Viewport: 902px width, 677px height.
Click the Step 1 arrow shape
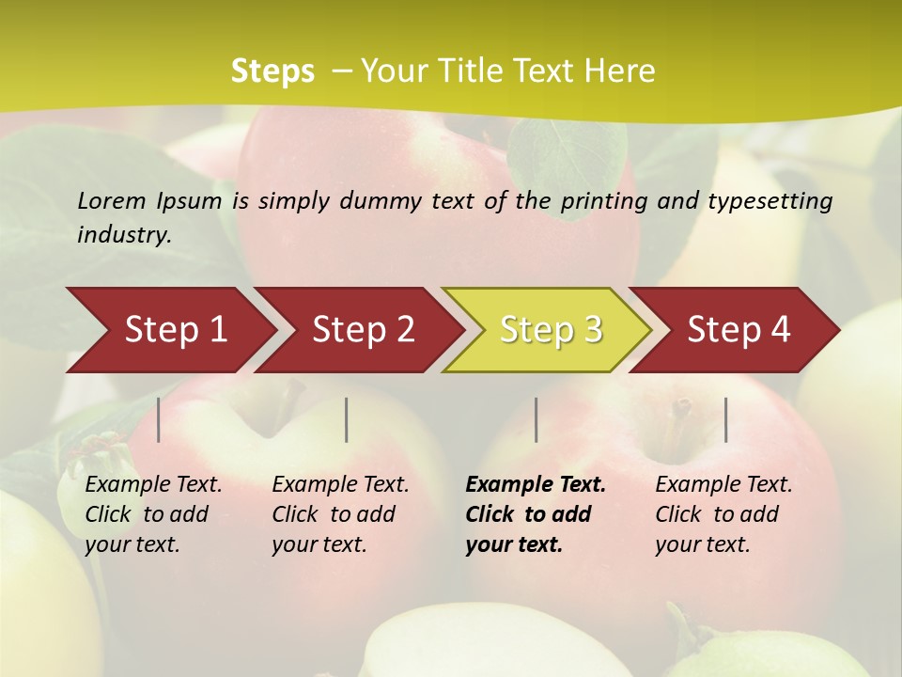[x=175, y=330]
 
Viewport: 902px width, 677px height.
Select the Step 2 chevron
[x=363, y=330]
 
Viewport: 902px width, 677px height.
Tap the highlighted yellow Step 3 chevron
[x=551, y=330]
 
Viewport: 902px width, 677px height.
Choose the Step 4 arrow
[x=739, y=330]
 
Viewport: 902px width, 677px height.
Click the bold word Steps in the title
[x=272, y=71]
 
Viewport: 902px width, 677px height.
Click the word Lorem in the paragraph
[x=112, y=200]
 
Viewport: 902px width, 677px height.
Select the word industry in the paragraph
[x=123, y=235]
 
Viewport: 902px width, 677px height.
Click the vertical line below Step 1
[x=159, y=419]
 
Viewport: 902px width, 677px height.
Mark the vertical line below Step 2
[x=347, y=419]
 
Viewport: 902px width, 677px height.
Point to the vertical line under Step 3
[x=536, y=419]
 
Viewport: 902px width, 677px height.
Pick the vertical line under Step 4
[x=725, y=419]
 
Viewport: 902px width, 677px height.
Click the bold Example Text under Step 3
[x=536, y=485]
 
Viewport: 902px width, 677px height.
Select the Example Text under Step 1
[x=153, y=485]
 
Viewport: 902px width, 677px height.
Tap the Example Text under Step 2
[x=340, y=485]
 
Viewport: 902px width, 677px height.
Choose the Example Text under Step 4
[x=723, y=485]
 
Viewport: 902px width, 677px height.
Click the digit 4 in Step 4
[x=780, y=330]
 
